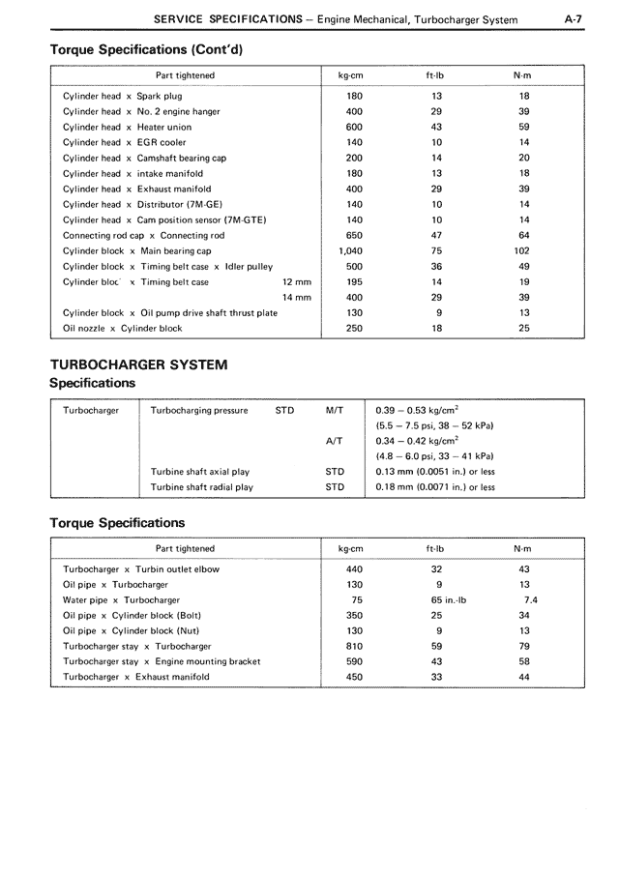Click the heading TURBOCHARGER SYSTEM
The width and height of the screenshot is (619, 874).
point(139,364)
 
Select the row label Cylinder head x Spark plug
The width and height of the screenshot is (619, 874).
point(122,97)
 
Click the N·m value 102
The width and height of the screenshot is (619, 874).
point(523,251)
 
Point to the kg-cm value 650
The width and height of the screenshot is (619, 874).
point(353,236)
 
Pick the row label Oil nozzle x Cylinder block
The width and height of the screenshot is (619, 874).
point(122,329)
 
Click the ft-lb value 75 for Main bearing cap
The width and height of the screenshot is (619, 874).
point(436,251)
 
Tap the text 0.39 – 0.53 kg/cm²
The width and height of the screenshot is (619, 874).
point(417,410)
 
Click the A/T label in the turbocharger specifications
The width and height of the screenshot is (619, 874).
point(335,441)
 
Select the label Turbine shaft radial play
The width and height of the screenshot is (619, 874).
point(201,487)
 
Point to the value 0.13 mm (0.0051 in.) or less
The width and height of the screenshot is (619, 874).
point(434,472)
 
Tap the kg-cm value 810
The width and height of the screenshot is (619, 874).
point(354,647)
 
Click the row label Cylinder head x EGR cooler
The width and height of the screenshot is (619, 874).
point(124,143)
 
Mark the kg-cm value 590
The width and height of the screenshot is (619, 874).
point(354,662)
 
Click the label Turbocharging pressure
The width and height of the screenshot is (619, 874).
point(199,410)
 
